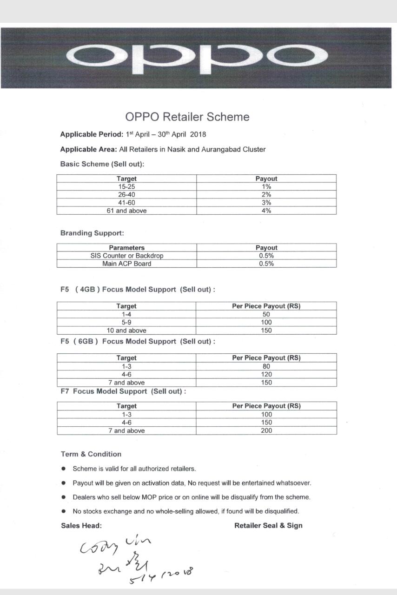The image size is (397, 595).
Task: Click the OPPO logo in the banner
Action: (197, 57)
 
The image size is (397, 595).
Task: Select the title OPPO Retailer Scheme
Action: (187, 117)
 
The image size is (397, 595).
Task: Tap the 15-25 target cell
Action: (126, 186)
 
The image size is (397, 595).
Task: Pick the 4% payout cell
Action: (266, 211)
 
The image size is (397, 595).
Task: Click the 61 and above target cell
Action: (126, 211)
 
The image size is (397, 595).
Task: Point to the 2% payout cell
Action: (266, 195)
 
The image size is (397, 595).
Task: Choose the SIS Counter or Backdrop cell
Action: (126, 256)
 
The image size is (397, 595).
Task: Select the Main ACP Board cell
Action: (126, 264)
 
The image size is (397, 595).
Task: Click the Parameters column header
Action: (126, 248)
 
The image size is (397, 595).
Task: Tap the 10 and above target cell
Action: (126, 331)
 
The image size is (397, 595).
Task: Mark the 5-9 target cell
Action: (126, 322)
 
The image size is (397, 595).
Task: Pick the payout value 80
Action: (266, 366)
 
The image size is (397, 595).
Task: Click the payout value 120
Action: (266, 374)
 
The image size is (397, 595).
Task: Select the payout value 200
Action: (266, 430)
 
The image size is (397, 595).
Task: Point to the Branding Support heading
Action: (92, 233)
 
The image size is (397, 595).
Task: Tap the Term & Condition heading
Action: (91, 454)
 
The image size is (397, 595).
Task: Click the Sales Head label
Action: (81, 526)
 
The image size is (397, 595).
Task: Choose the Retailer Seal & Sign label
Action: (268, 526)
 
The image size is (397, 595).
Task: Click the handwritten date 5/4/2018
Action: (161, 575)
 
